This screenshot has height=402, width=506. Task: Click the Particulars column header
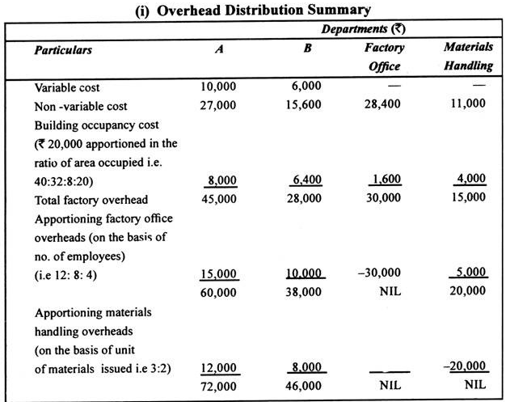(63, 49)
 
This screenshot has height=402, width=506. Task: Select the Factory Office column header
(384, 57)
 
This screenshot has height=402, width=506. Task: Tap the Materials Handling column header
(468, 57)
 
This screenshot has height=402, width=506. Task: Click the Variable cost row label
(67, 87)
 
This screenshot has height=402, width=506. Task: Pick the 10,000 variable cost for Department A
(219, 86)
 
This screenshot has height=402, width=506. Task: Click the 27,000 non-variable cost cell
(219, 105)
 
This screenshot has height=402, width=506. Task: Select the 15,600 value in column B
(306, 105)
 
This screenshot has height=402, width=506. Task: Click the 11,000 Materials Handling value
(468, 105)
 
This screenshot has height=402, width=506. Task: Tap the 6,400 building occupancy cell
(306, 180)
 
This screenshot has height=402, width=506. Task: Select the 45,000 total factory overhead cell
(219, 198)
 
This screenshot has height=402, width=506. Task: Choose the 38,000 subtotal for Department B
(306, 292)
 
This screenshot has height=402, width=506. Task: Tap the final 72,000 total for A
(219, 386)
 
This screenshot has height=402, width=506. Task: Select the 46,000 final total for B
(306, 386)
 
